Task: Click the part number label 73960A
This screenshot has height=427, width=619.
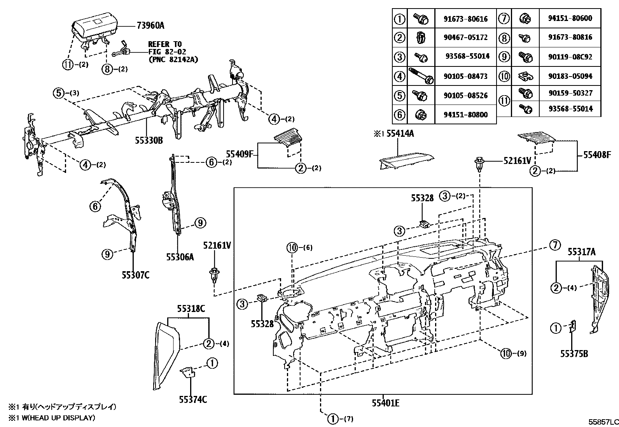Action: pos(150,26)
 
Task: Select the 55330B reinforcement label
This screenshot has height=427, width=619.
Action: pos(149,141)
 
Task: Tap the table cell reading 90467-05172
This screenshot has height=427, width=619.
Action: pos(466,37)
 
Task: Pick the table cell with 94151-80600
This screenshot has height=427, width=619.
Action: pos(570,18)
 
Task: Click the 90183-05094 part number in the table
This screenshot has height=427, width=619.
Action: pos(570,76)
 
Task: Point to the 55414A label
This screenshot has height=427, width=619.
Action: pos(400,134)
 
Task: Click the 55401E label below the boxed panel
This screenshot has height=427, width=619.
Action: pos(385,403)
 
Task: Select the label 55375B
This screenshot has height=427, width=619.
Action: pos(574,354)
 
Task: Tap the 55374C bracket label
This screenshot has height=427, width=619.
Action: pos(193,399)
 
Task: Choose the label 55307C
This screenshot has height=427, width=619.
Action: pos(135,275)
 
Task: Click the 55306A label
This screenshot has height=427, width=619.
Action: pos(180,257)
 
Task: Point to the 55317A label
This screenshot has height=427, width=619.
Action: pos(582,252)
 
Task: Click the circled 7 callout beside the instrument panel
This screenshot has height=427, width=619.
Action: pos(555,245)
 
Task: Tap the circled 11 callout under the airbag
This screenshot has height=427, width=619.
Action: pos(68,65)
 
